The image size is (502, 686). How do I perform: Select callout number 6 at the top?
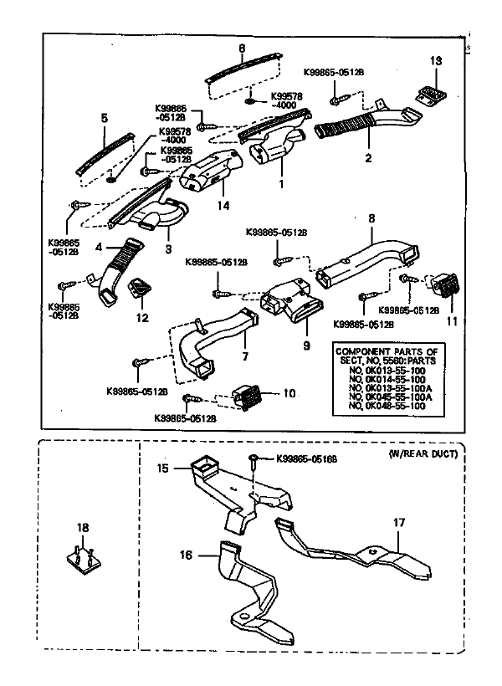tap(242, 49)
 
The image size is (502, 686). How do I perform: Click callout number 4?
tap(99, 248)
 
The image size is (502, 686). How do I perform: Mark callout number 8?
tap(371, 218)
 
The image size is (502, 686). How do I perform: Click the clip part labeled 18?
tap(82, 556)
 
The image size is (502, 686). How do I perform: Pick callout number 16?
tap(187, 554)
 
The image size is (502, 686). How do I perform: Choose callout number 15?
tap(161, 468)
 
